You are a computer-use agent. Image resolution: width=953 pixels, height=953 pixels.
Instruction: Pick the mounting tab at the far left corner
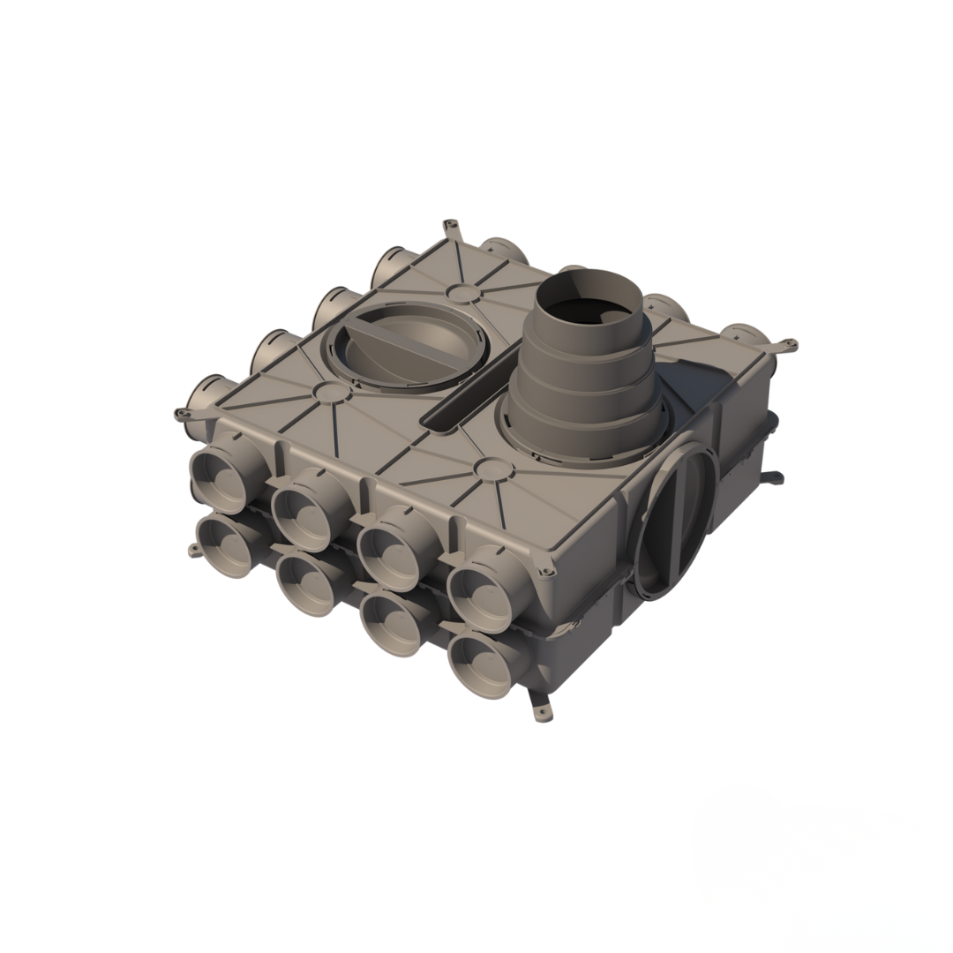click(183, 413)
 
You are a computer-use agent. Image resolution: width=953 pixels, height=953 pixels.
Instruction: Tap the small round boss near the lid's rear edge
click(461, 292)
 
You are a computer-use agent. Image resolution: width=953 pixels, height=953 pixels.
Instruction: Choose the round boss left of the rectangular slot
click(328, 392)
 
